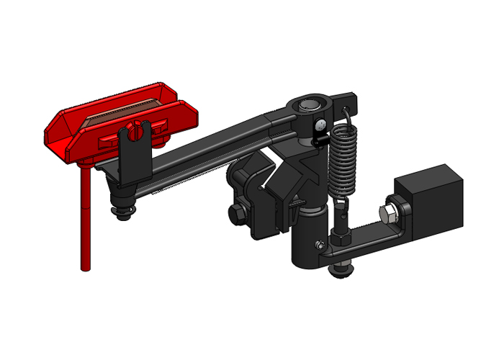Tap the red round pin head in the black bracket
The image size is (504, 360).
(x=134, y=131)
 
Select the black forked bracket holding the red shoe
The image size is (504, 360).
(x=134, y=162)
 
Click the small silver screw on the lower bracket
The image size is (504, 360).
(x=318, y=248)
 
